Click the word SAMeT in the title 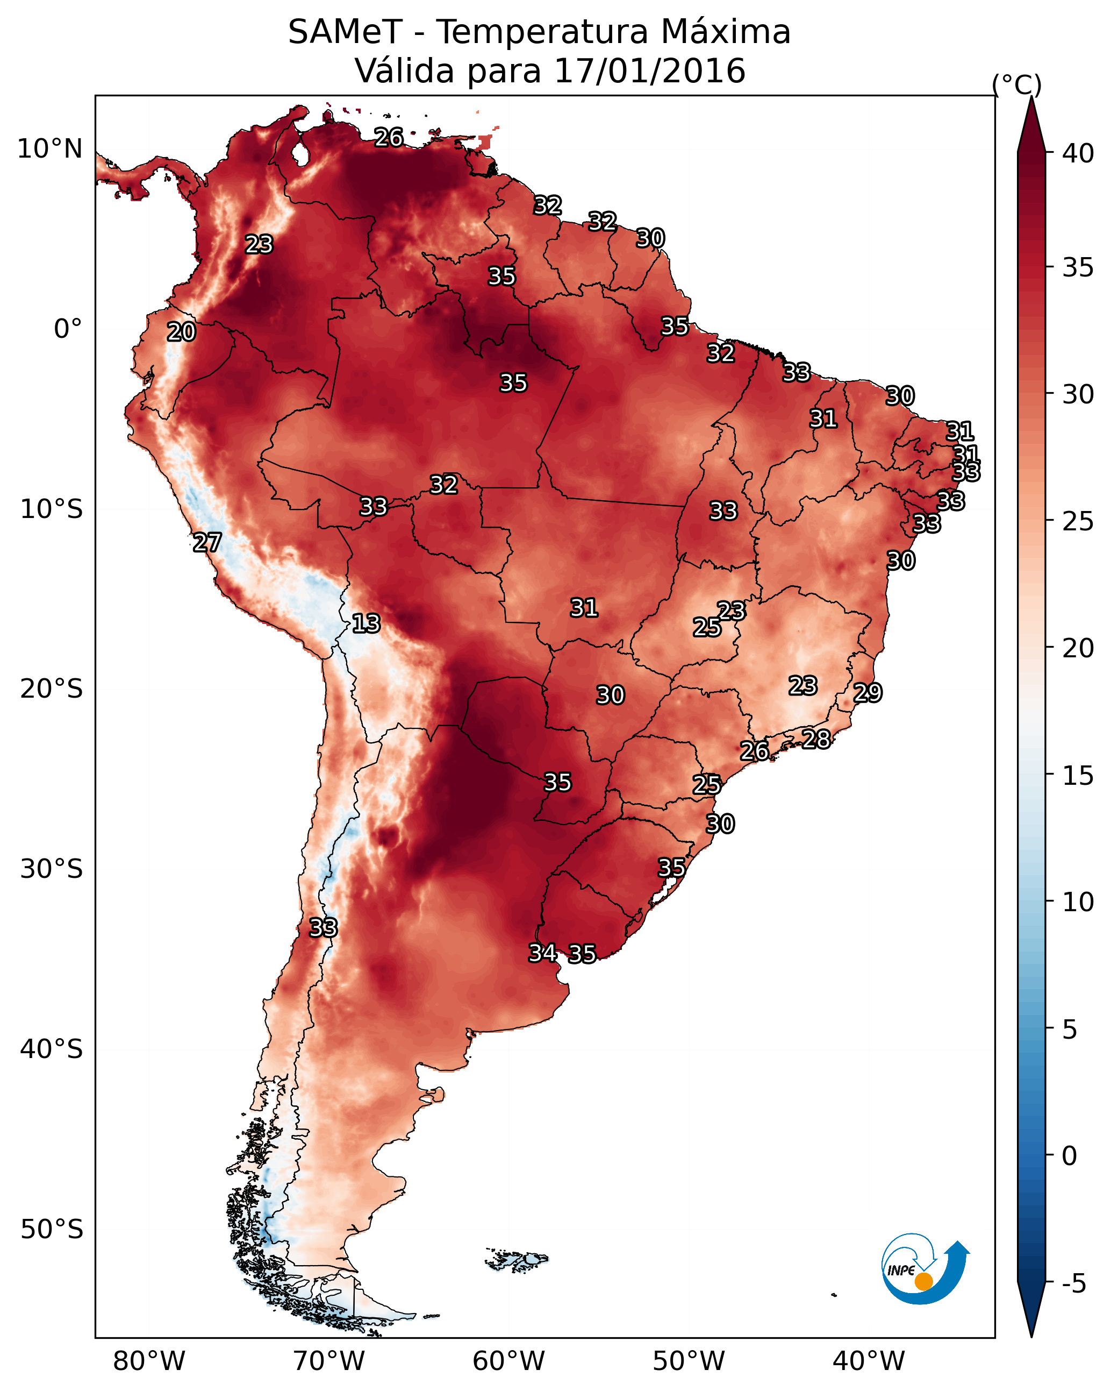(x=346, y=32)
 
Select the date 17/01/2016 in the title (x=649, y=71)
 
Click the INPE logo (x=926, y=1268)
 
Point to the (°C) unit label (x=1016, y=84)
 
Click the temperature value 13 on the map (x=366, y=623)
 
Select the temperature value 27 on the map (x=207, y=543)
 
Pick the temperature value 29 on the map (x=868, y=692)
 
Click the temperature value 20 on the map (x=181, y=332)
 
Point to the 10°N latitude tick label (x=49, y=149)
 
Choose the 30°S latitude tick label (x=52, y=869)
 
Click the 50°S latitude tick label (x=52, y=1229)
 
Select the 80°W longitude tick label (x=149, y=1361)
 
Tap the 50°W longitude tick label (x=689, y=1361)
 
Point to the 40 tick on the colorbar (x=1078, y=153)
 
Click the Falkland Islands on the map (x=517, y=1261)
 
